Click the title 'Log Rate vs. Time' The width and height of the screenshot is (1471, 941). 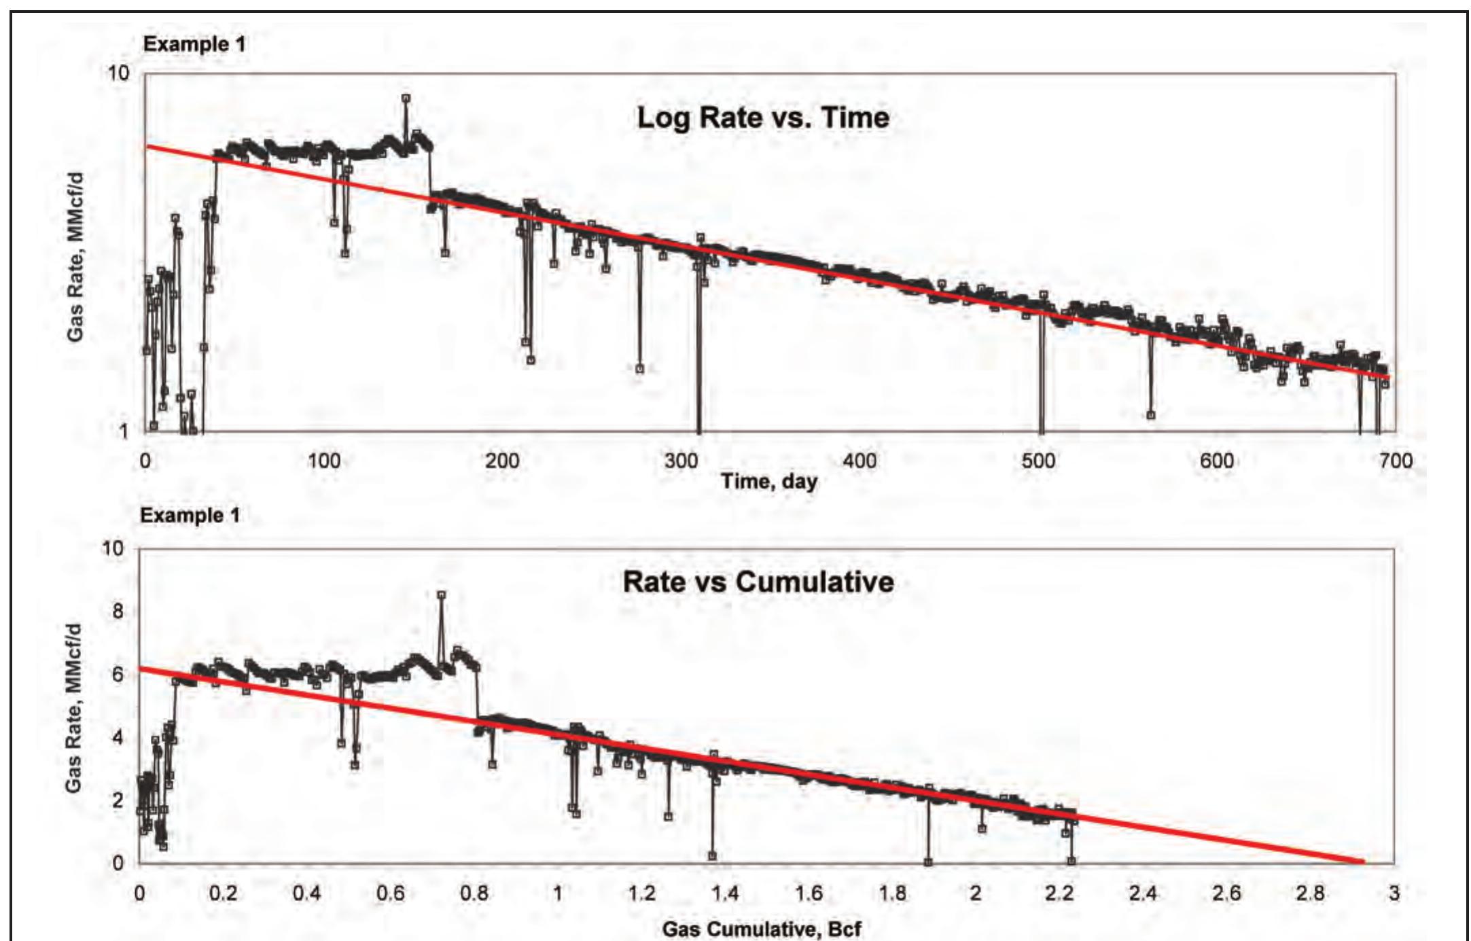(762, 118)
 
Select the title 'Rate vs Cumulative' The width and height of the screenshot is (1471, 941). (758, 582)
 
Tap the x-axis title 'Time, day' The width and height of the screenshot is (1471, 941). (769, 482)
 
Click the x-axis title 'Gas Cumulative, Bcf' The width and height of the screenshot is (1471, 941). (762, 929)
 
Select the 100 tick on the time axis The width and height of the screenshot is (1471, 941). (324, 461)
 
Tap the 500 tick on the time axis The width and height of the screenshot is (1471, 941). (1039, 461)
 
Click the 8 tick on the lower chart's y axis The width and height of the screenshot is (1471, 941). (118, 611)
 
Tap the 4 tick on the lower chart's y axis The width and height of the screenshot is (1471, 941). (118, 738)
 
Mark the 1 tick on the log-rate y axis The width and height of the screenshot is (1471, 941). (124, 431)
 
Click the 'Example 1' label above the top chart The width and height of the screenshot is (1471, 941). (194, 45)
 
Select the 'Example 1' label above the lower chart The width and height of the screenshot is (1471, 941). (190, 516)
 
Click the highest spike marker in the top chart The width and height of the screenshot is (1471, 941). (406, 99)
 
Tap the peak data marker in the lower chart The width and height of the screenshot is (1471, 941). (441, 595)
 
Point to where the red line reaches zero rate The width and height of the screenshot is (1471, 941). (1362, 863)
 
